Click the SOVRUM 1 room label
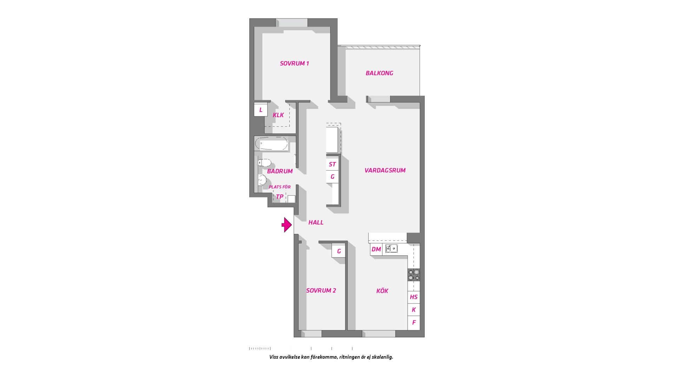tap(294, 64)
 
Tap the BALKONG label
tap(379, 73)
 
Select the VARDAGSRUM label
tap(385, 170)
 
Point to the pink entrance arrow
tap(287, 225)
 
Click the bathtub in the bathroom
tap(271, 144)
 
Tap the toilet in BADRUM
tap(264, 162)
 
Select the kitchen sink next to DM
tap(391, 249)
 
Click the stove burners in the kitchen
tap(414, 275)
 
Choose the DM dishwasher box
tap(376, 250)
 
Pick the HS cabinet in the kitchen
tap(414, 297)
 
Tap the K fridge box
tap(414, 310)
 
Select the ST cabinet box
tap(332, 164)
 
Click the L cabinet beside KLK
tap(261, 110)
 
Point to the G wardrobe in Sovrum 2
tap(339, 251)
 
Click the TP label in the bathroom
tap(279, 197)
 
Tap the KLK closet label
tap(278, 115)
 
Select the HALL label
tap(316, 222)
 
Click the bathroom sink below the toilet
tap(262, 180)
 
